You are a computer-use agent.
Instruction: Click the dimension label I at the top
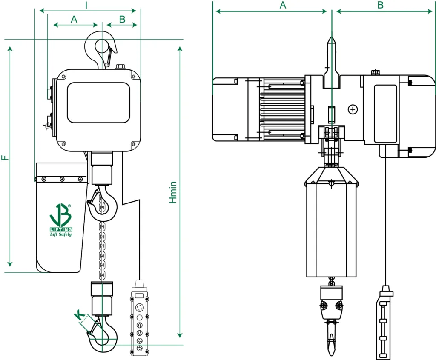[86, 5]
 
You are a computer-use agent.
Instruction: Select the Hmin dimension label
[173, 192]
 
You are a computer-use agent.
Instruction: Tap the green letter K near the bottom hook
[79, 315]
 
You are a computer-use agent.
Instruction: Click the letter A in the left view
[74, 19]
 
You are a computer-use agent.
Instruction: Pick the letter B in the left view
[122, 19]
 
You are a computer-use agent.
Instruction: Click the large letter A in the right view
[282, 5]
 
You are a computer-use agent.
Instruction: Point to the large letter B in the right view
[380, 5]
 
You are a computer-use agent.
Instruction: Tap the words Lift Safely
[61, 234]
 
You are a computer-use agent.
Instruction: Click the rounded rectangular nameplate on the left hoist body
[98, 103]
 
